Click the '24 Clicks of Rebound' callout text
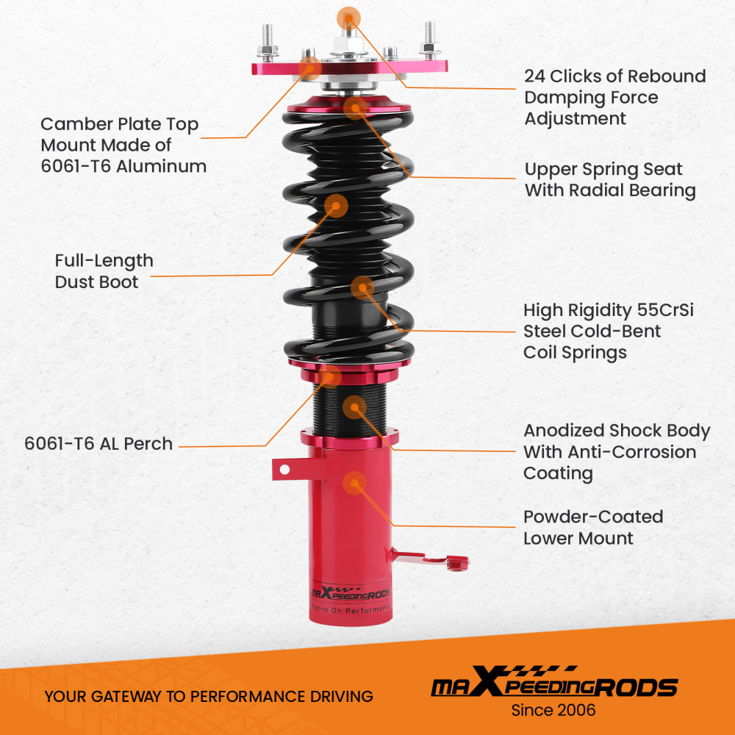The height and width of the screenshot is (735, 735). click(614, 76)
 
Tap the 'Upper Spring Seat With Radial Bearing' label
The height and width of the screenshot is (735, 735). click(610, 180)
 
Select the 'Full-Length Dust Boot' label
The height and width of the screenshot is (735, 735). click(104, 271)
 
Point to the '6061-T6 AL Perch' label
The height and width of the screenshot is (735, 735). click(98, 444)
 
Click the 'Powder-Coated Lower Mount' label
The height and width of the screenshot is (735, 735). click(592, 528)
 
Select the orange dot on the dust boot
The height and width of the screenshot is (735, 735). click(336, 205)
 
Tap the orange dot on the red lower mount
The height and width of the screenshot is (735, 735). click(355, 482)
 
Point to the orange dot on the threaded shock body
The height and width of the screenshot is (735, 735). click(355, 406)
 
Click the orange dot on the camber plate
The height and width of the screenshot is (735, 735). click(309, 68)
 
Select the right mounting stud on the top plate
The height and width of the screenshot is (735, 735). click(429, 40)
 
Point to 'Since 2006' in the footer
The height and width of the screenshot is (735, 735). click(553, 710)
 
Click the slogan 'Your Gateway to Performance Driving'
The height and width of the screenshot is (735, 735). click(209, 696)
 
